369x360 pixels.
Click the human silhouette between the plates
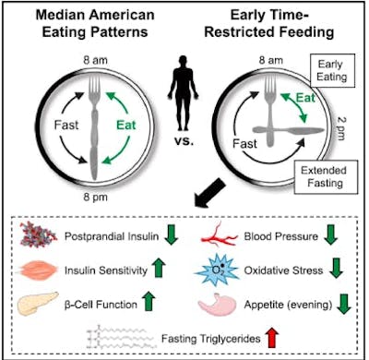point(184,95)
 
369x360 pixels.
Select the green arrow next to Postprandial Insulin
point(171,234)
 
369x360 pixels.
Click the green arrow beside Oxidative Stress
point(336,269)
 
